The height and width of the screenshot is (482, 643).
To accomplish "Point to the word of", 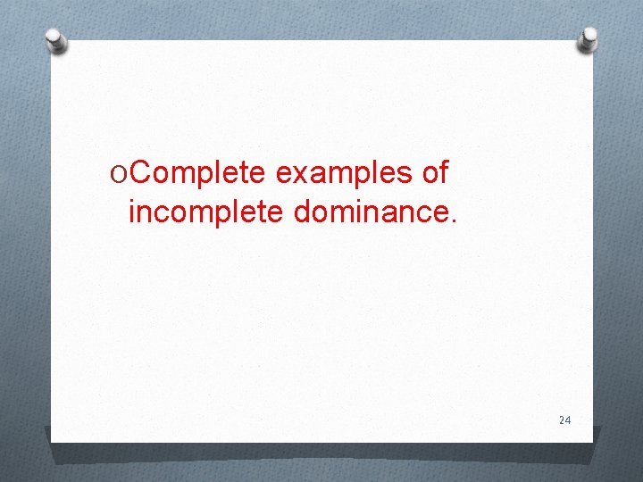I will pos(434,174).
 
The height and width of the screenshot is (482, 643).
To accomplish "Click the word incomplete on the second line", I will pos(201,212).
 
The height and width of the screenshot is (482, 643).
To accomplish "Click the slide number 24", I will pos(564,420).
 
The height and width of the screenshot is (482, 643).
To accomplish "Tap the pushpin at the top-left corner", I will pos(56,40).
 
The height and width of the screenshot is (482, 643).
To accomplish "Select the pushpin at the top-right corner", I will pos(589,37).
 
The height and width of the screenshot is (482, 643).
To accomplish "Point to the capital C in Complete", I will pos(140,174).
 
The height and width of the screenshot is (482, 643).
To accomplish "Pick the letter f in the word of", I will pos(442,173).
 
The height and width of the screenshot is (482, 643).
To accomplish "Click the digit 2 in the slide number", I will pos(561,420).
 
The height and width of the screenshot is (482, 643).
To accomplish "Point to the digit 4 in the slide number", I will pos(567,420).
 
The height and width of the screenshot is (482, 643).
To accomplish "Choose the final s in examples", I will pos(403,176).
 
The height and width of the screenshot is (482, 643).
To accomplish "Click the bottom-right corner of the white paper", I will pos(592,440).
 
